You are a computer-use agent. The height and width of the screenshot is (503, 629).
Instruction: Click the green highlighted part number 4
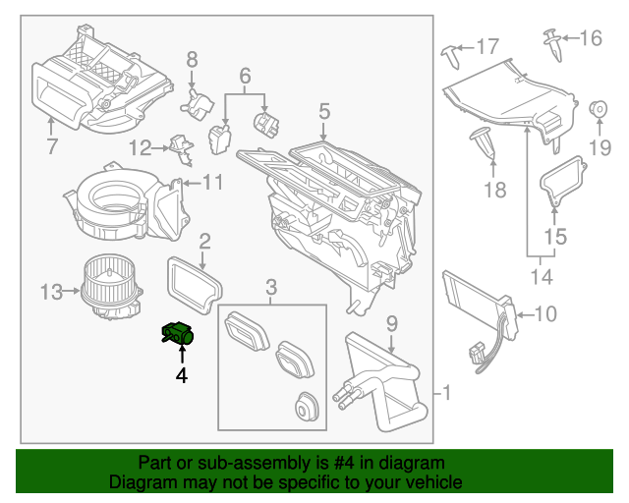click(178, 336)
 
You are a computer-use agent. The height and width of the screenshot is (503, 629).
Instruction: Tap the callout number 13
click(51, 291)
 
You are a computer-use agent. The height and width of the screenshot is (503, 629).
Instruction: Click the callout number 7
click(52, 147)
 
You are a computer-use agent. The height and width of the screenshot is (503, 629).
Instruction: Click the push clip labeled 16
click(550, 41)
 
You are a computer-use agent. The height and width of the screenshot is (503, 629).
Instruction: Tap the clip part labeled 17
click(453, 52)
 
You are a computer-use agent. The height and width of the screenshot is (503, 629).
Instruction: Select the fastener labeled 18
click(486, 141)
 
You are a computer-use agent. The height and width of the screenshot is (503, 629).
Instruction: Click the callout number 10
click(546, 314)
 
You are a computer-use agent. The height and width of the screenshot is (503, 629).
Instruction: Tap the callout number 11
click(212, 182)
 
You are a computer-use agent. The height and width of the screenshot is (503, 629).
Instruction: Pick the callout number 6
click(245, 75)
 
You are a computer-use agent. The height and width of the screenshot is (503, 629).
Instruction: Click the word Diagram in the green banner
click(142, 482)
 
